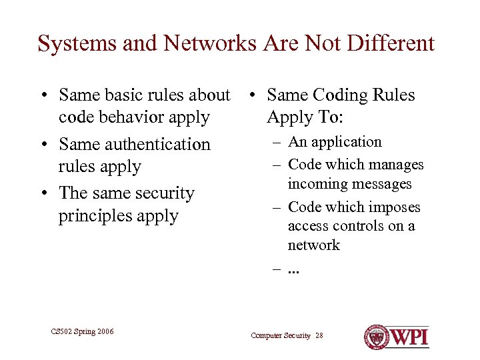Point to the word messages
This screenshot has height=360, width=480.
pos(383,184)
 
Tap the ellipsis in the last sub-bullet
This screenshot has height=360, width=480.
pos(294,269)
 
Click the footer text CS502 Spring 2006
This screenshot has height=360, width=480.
pos(82,331)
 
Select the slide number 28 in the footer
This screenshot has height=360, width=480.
pos(319,335)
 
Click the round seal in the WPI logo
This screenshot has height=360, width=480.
pos(377,337)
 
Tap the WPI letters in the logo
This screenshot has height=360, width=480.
pos(409,337)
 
